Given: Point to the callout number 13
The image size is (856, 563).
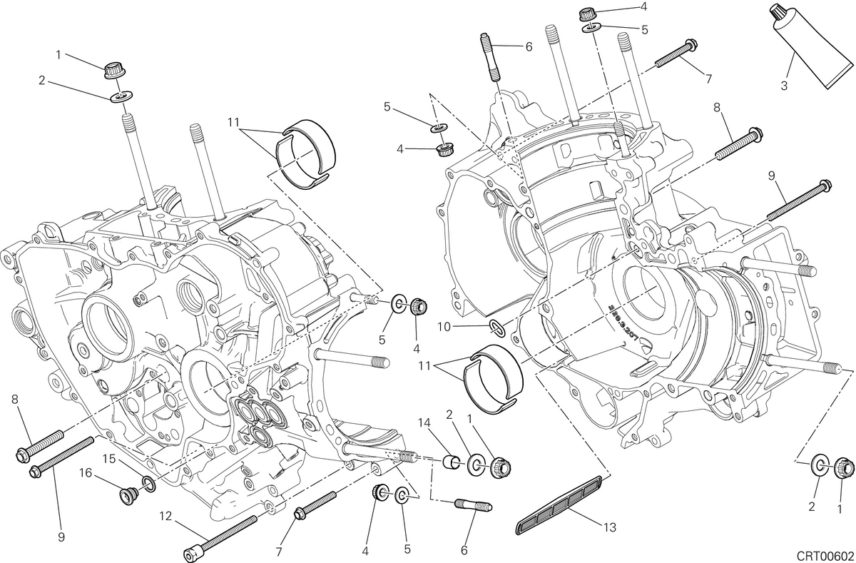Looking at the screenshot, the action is (610, 527).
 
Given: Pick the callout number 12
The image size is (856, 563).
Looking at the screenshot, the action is (165, 516).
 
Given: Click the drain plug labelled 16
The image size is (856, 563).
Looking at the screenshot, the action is (126, 495).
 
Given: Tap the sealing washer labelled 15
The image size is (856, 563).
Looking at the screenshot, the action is (148, 484).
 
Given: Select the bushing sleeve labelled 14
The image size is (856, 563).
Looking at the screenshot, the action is (452, 462).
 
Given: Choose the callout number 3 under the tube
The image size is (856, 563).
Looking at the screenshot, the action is (784, 86).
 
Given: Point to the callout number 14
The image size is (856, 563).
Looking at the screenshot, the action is (424, 422).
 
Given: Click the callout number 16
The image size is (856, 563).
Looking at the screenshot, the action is (86, 473).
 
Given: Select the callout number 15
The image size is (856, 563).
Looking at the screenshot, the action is (109, 459).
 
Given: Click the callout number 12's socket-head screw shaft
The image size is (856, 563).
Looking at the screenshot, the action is (226, 534).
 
